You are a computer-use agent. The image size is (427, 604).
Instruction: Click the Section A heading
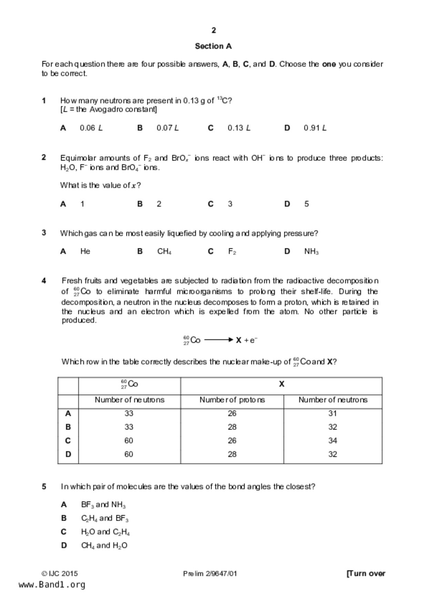point(213,46)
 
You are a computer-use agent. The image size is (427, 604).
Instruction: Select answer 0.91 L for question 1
point(315,128)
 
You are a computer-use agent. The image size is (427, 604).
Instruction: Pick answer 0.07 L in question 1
point(167,128)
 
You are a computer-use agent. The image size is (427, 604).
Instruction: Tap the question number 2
point(44,157)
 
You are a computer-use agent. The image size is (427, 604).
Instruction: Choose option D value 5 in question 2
point(306,204)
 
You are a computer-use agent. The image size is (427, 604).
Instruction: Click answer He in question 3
point(85,251)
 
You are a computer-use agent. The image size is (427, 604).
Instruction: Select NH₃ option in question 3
point(311,252)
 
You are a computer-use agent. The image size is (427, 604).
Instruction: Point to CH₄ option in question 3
point(164,252)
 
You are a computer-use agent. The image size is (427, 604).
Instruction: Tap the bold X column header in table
point(281,384)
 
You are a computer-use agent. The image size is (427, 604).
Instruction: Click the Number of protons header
point(232,400)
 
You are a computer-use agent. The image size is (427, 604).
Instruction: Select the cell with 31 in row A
point(332,413)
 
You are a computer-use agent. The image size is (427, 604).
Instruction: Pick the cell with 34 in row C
point(332,440)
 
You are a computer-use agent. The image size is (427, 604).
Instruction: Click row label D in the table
point(68,454)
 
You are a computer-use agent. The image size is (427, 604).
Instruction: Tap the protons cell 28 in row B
point(232,427)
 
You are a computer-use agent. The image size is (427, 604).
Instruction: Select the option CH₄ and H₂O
point(104,545)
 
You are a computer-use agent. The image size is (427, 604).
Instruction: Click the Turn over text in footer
point(366,573)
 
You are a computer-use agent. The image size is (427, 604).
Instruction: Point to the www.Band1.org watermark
point(52,585)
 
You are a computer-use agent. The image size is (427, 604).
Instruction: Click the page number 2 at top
point(214,30)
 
